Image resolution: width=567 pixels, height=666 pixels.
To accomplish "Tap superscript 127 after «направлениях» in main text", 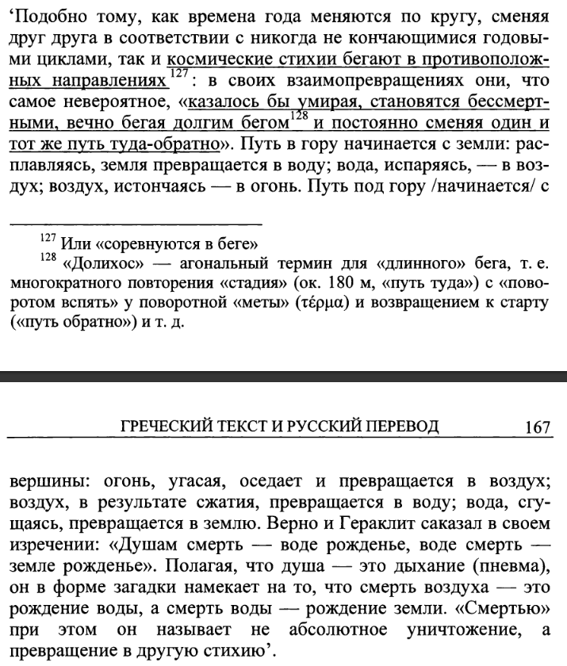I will [x=178, y=74].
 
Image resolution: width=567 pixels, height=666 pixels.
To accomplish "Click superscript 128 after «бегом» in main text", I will [x=297, y=117].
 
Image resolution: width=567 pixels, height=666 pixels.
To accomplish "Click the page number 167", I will [x=537, y=427].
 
